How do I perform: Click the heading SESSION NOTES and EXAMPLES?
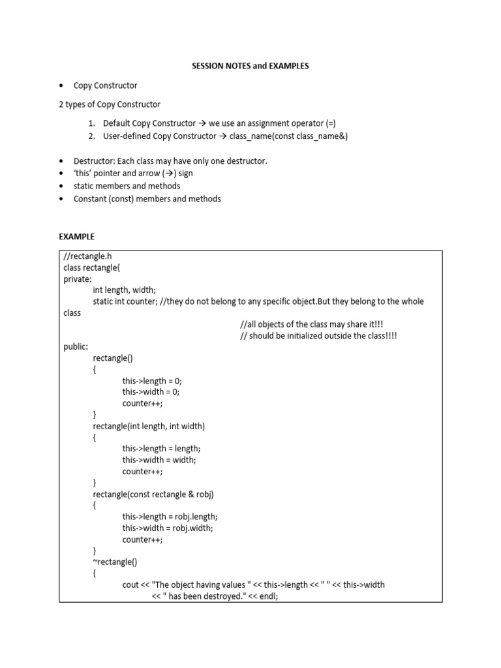pyautogui.click(x=250, y=66)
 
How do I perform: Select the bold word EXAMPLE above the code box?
pyautogui.click(x=76, y=237)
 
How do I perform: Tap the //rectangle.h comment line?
pyautogui.click(x=92, y=256)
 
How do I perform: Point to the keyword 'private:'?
pyautogui.click(x=78, y=279)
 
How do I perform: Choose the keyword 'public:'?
pyautogui.click(x=76, y=347)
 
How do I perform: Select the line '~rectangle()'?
pyautogui.click(x=115, y=562)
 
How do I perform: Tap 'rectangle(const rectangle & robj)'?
pyautogui.click(x=153, y=494)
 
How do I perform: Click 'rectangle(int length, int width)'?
pyautogui.click(x=149, y=426)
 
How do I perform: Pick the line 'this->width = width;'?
pyautogui.click(x=159, y=460)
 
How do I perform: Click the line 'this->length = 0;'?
pyautogui.click(x=151, y=380)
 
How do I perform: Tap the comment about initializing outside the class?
pyautogui.click(x=318, y=335)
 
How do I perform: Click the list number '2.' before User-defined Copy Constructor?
pyautogui.click(x=92, y=136)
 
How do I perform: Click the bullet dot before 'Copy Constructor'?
pyautogui.click(x=61, y=85)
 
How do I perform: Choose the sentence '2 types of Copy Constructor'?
pyautogui.click(x=110, y=104)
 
